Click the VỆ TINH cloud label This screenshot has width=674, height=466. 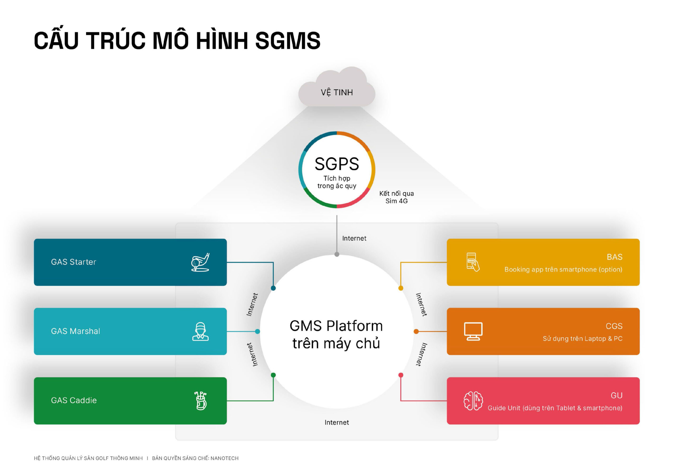pos(337,93)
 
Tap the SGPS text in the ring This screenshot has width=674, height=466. pos(337,164)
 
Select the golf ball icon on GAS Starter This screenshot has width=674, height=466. pos(200,262)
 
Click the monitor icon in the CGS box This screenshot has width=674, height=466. pos(473,331)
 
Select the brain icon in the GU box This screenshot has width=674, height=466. pos(473,401)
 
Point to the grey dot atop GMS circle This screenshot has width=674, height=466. pos(337,254)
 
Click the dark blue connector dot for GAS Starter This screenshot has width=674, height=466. pos(273,288)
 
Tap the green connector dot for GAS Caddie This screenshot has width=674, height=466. pos(273,375)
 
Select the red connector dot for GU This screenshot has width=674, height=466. pos(401,375)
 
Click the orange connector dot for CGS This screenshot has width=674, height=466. pos(416,331)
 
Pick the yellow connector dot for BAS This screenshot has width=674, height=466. pos(401,288)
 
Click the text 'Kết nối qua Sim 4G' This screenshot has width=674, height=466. pos(397,197)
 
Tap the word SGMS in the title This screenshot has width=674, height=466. pos(288,40)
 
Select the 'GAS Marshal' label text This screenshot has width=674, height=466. pos(75,331)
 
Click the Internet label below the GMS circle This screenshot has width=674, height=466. pos(337,423)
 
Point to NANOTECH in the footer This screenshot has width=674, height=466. pos(225,458)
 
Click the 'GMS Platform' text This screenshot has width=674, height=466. pos(336,326)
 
